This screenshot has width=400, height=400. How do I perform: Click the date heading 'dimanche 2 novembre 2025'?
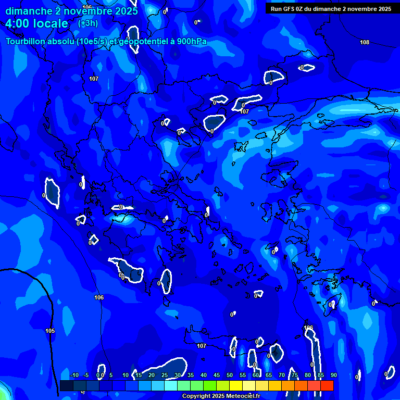(71, 11)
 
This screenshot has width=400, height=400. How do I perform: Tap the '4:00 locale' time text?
(36, 23)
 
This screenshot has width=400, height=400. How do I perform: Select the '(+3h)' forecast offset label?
(87, 23)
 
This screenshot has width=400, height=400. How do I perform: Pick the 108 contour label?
(365, 42)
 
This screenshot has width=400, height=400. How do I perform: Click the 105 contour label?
(50, 331)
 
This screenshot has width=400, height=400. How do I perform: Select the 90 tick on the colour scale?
(333, 375)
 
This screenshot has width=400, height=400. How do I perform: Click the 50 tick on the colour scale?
(230, 375)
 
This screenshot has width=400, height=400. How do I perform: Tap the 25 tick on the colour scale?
(165, 375)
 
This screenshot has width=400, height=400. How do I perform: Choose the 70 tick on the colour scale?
(282, 375)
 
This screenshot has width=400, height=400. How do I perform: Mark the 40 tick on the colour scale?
(204, 375)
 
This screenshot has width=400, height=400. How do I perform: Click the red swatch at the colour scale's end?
(327, 385)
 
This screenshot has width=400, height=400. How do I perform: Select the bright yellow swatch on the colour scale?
(236, 385)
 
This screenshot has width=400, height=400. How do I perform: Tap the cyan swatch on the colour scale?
(171, 385)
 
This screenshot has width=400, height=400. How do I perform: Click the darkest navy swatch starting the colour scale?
(66, 385)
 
